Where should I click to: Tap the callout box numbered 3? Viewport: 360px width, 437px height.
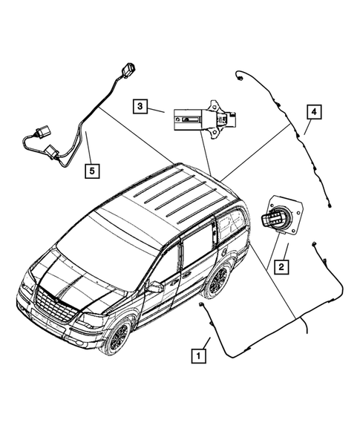[x=141, y=106]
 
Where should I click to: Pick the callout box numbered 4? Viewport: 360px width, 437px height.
[x=314, y=112]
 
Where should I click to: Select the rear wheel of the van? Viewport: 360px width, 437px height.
[x=216, y=280]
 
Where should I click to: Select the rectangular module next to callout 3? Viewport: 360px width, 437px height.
[x=194, y=117]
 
